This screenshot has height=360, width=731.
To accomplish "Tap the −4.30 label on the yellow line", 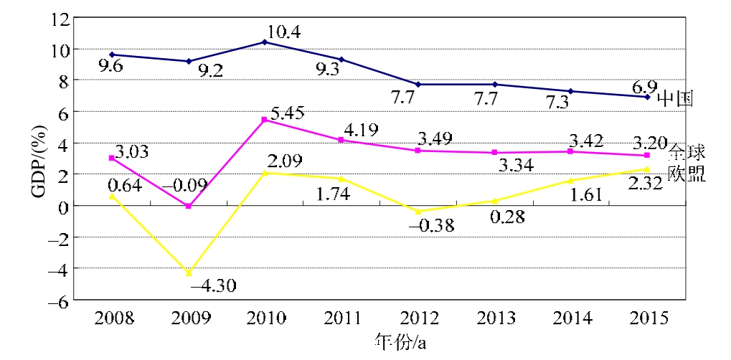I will click(x=213, y=285).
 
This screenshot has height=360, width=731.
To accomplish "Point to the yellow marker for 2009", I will click(x=189, y=273).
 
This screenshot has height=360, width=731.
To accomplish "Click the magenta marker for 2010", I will click(x=265, y=120).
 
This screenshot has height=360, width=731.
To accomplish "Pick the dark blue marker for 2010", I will click(x=265, y=42).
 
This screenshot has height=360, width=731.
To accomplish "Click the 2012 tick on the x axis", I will click(x=418, y=318).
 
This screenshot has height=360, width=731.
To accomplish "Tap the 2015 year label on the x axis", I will click(x=647, y=318).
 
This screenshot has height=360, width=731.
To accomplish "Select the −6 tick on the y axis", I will click(x=58, y=300).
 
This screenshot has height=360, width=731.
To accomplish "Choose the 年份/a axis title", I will click(x=401, y=341).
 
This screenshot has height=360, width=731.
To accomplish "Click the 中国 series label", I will click(x=676, y=98).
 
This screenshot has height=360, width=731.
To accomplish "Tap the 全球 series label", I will click(x=688, y=152).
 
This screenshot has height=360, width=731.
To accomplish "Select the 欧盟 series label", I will click(x=687, y=174).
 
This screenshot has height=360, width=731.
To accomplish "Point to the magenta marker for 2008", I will click(x=111, y=158).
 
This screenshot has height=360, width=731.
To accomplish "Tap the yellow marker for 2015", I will click(x=647, y=169).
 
